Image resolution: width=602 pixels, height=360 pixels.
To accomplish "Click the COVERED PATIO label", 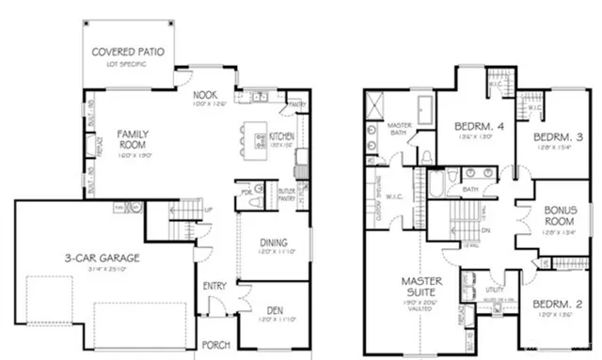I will pyautogui.click(x=129, y=49).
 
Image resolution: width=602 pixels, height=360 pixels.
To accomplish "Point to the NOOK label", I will pyautogui.click(x=206, y=95).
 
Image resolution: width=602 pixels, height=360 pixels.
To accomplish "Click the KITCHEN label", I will pyautogui.click(x=282, y=136).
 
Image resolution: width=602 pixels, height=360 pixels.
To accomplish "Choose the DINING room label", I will pyautogui.click(x=274, y=243).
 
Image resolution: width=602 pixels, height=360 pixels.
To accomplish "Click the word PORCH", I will pyautogui.click(x=216, y=344).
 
